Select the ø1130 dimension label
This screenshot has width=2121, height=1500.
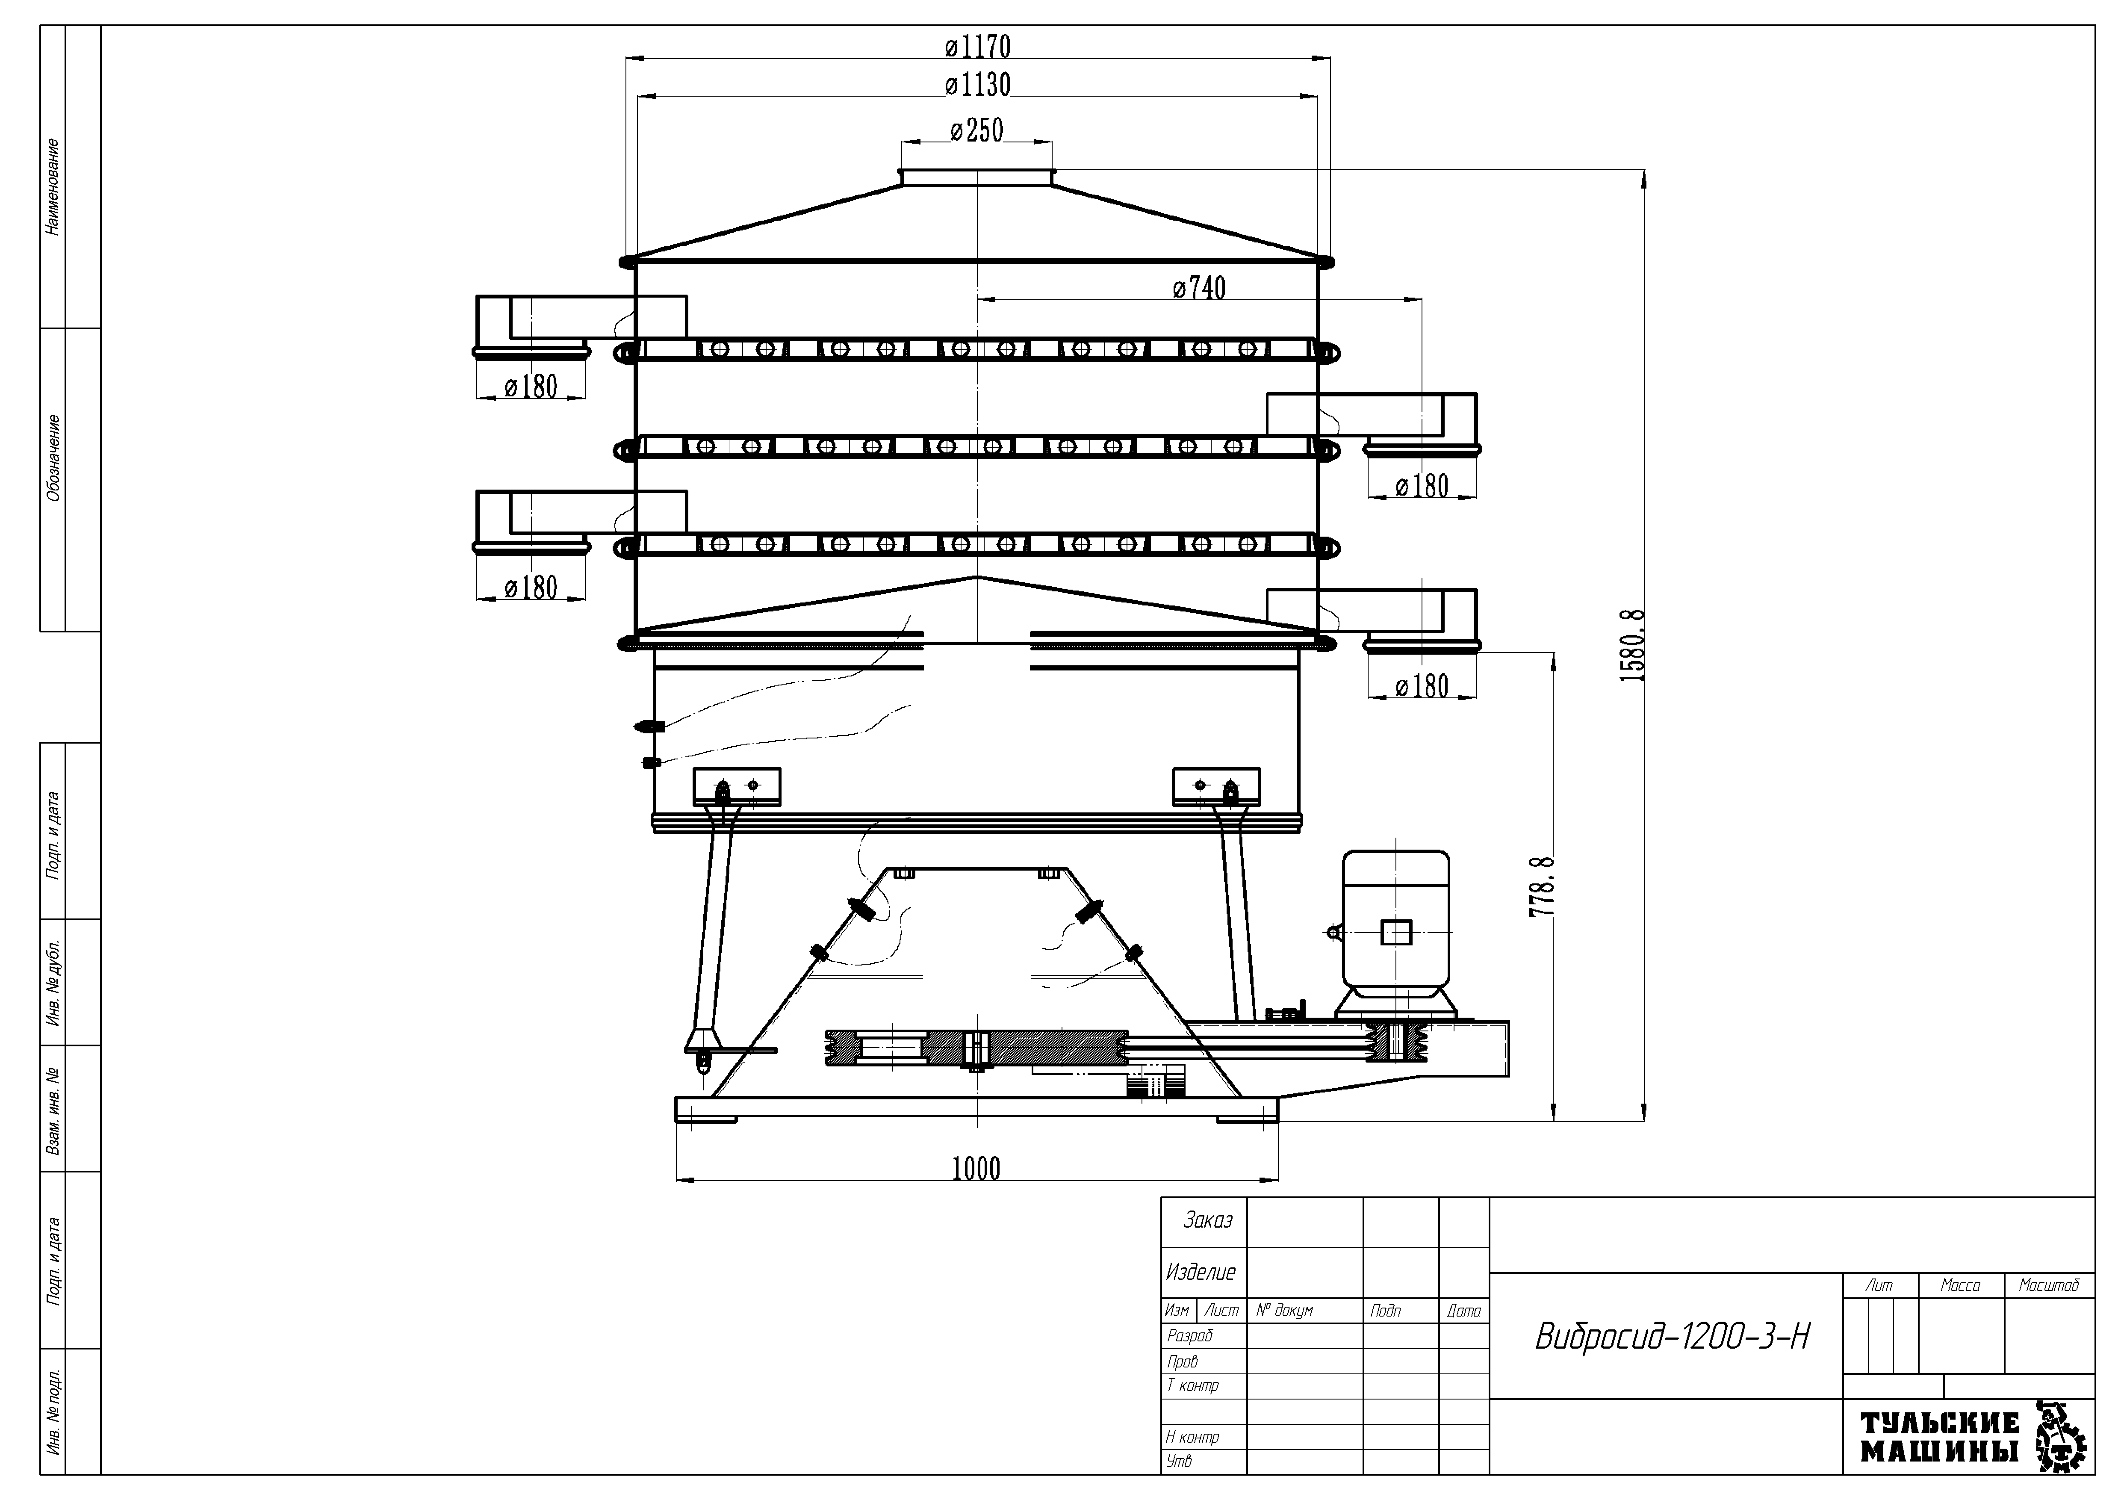click(977, 85)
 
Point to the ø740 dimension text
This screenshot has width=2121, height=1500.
click(1199, 288)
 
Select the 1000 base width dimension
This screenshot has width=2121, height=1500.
click(976, 1169)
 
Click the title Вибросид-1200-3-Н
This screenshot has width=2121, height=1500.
click(1672, 1337)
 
